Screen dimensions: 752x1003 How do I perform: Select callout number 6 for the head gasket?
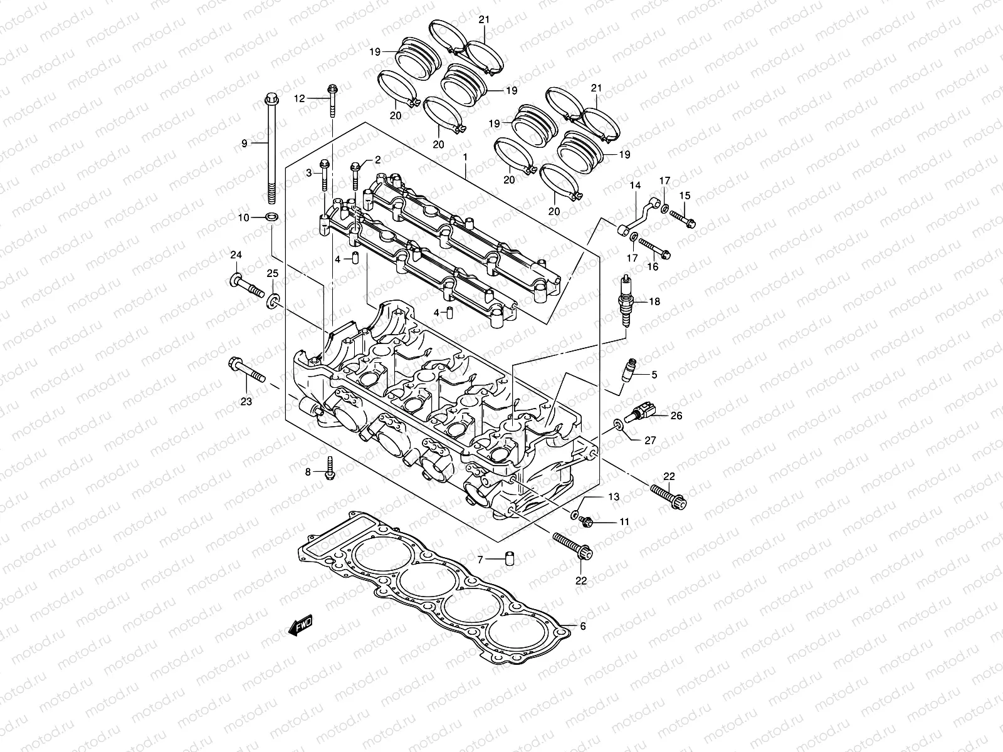[582, 626]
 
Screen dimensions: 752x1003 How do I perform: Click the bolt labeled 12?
[332, 100]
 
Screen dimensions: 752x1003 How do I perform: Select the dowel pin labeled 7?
[510, 557]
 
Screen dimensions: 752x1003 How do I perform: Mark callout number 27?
[650, 441]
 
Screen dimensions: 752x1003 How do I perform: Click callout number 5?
[654, 375]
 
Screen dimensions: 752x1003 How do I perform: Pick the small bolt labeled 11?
[587, 520]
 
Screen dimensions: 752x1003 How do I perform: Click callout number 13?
[613, 497]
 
